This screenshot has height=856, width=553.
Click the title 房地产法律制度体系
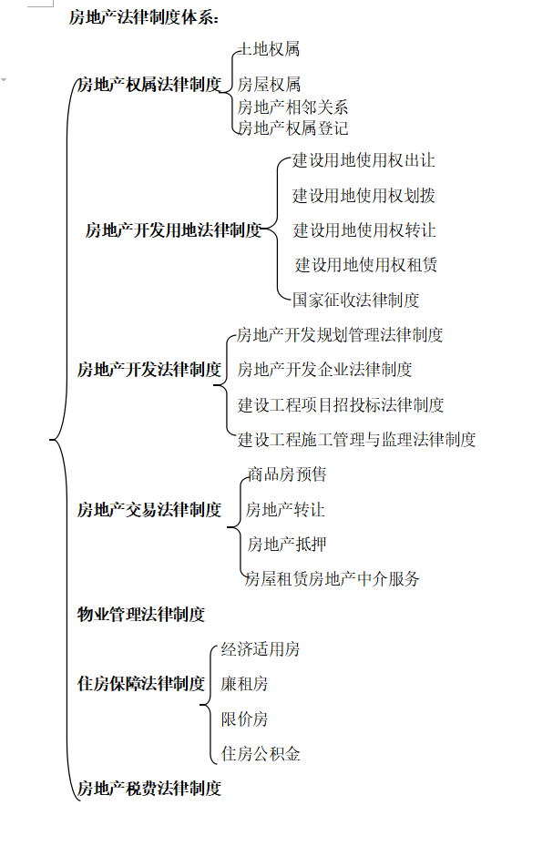[x=144, y=17]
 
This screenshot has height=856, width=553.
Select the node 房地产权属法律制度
[x=149, y=85]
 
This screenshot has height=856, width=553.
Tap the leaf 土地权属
[x=269, y=49]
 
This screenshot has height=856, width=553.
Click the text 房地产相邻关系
[x=292, y=107]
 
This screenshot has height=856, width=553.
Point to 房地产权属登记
[x=292, y=128]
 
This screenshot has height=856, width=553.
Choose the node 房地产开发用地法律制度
[x=173, y=230]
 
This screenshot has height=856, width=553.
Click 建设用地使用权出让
[x=364, y=160]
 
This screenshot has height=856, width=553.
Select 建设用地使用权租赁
[x=366, y=265]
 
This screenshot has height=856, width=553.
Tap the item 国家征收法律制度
[x=355, y=300]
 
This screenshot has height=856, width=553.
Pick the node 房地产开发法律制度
[x=149, y=370]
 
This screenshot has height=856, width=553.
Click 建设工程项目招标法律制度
[x=341, y=404]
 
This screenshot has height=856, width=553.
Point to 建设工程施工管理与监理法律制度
[x=356, y=440]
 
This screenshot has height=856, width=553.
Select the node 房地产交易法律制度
[x=149, y=510]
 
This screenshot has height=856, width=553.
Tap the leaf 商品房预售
[x=287, y=474]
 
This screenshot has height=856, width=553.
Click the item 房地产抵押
[x=287, y=545]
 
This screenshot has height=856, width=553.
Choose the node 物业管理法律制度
[x=141, y=615]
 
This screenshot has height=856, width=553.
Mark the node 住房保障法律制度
[x=141, y=684]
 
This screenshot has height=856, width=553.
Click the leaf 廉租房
[x=244, y=684]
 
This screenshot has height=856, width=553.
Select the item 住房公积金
[x=261, y=754]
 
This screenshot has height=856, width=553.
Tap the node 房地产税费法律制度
[x=149, y=789]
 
